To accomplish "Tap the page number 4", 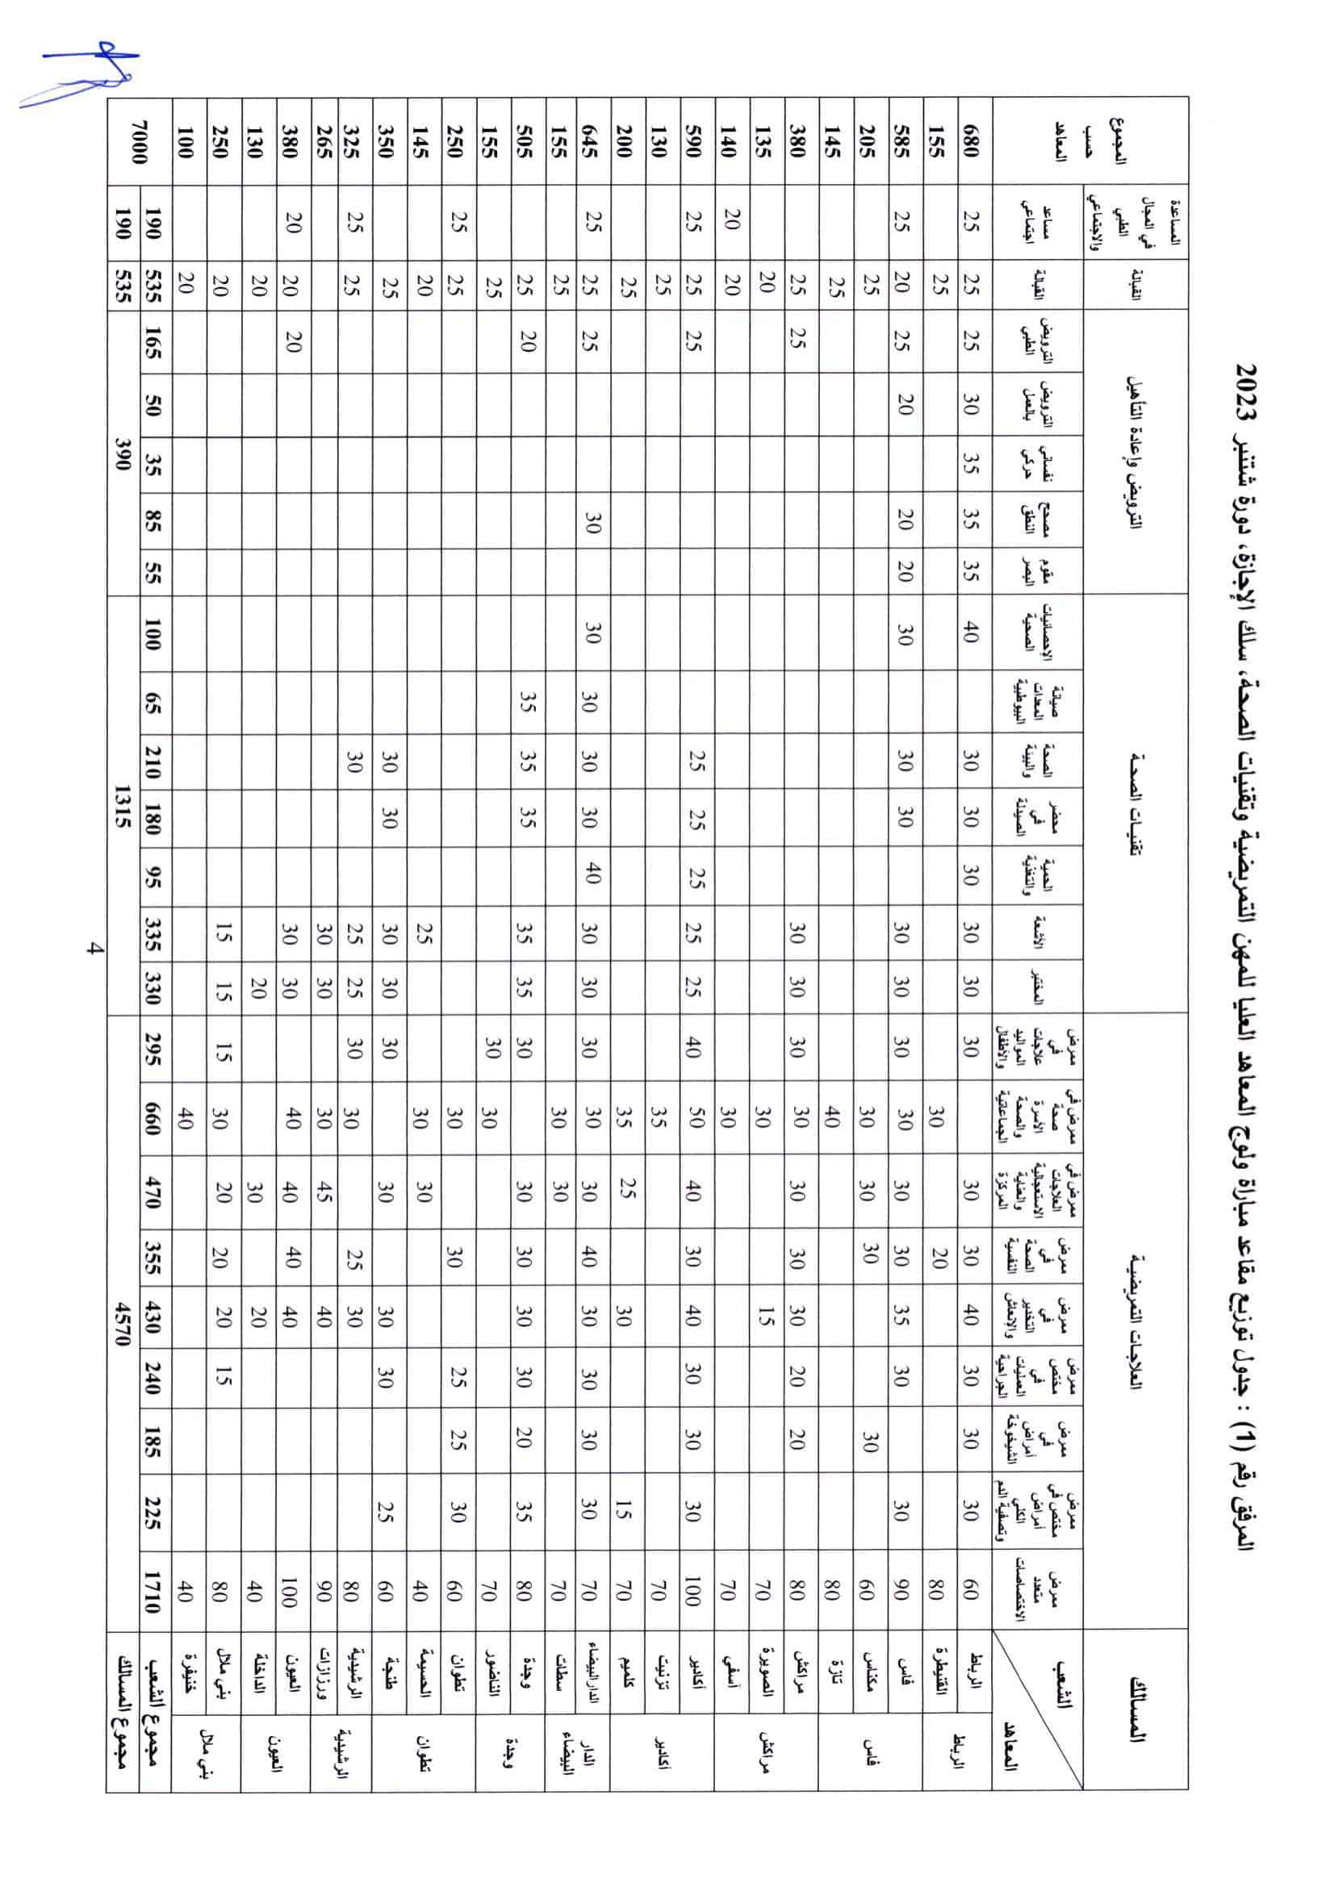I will coord(94,950).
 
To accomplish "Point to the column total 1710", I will coord(153,1593).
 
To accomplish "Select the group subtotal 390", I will coord(123,452).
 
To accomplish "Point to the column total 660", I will coord(153,1117).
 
